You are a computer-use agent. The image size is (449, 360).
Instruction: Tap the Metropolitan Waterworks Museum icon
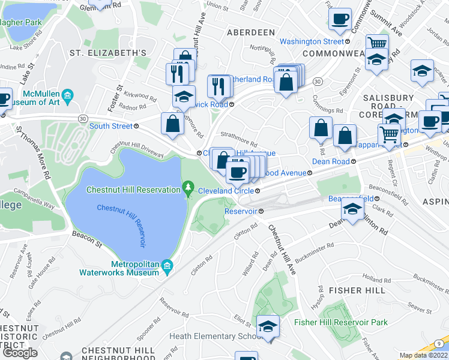click(x=169, y=265)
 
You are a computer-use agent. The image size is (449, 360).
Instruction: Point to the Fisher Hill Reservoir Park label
click(x=341, y=322)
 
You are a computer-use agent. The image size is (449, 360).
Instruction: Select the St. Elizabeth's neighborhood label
click(x=108, y=53)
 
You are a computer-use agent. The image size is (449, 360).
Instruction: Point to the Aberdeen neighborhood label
click(x=250, y=32)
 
